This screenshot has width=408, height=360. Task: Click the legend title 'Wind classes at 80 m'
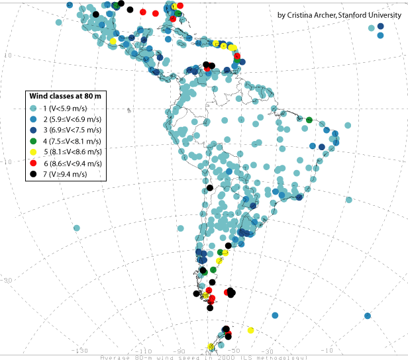[63, 96]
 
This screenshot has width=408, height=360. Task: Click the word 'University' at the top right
[383, 15]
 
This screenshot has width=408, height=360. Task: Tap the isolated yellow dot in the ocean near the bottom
[250, 330]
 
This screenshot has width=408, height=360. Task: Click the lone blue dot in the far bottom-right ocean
[368, 316]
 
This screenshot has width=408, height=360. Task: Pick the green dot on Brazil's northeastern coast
[309, 120]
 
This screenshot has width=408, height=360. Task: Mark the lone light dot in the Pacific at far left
[77, 228]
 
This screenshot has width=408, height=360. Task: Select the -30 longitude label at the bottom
[268, 350]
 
